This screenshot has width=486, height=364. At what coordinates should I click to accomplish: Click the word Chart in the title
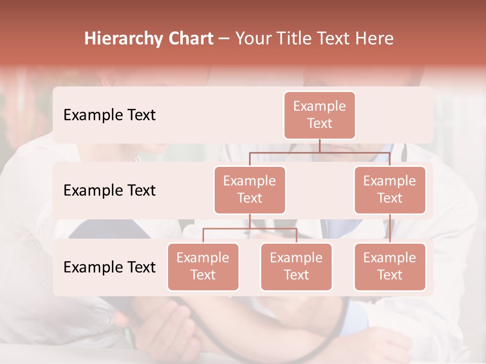coord(190,38)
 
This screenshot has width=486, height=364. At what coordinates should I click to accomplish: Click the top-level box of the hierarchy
coord(319,115)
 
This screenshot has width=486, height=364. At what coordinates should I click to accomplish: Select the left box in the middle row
coord(250,190)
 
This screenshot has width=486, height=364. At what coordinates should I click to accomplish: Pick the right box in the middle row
coord(390,190)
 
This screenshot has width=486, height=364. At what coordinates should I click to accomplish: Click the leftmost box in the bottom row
coord(203,266)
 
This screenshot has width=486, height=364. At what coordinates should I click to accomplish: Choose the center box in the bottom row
coord(296,266)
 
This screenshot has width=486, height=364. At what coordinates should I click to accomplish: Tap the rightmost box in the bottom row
coord(390,266)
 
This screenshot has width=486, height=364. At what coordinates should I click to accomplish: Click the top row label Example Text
coord(109,115)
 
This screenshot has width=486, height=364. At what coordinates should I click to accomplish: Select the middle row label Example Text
coord(109,190)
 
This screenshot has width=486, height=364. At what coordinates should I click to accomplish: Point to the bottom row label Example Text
coord(109,267)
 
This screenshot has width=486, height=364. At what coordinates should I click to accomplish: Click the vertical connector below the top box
coord(319,146)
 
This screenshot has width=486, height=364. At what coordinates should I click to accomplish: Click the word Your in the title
coord(252,38)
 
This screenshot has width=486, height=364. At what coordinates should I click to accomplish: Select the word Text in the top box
coord(319,123)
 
